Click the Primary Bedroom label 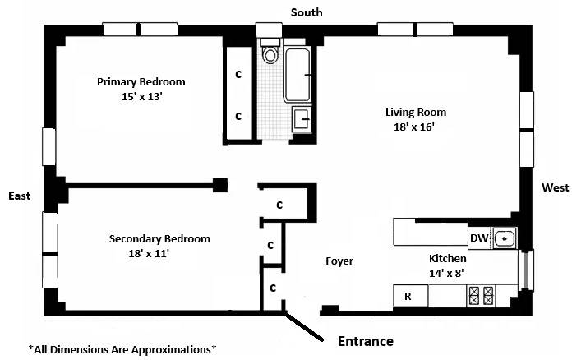pos(141,82)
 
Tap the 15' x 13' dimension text pos(141,96)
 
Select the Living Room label pos(415,113)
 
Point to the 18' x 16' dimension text pos(415,127)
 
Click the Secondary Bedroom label pos(159,239)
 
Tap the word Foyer pos(339,261)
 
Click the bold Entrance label pos(366,341)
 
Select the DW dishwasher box pos(479,238)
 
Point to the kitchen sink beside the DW pos(503,238)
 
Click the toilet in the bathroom pos(270,54)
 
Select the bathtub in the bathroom pos(300,74)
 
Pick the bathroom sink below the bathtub pos(301,119)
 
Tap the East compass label pos(20,196)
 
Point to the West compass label pos(555,188)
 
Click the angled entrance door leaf pos(305,326)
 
